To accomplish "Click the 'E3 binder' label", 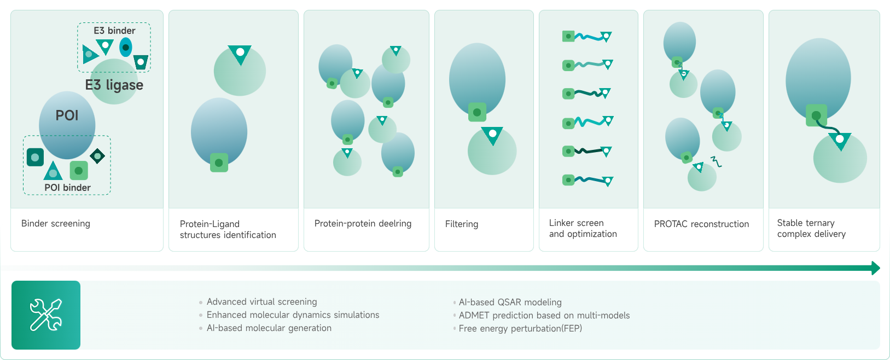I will (x=114, y=31).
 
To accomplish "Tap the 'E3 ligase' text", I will (x=114, y=85).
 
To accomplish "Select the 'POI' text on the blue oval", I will (x=67, y=115).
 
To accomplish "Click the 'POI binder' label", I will (x=67, y=188).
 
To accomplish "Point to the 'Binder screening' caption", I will (x=56, y=223).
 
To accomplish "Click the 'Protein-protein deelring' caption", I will (x=363, y=223).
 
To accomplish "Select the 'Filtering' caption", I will (x=462, y=224).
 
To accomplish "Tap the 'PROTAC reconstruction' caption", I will (x=701, y=224).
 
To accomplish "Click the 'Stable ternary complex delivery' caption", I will (x=811, y=228).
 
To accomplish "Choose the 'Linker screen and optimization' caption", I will (x=583, y=228).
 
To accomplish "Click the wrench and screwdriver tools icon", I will (x=46, y=315).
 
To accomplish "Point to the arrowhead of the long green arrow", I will (x=875, y=268).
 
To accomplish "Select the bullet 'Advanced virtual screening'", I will (x=261, y=301).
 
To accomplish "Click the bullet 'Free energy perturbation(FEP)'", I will (x=520, y=328).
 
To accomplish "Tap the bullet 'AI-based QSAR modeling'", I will (x=510, y=302).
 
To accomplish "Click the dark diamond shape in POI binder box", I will (x=97, y=156).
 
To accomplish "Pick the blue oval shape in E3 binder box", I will (x=126, y=48).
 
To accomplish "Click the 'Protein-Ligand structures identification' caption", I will (x=228, y=229).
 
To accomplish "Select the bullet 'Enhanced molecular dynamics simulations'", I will (x=293, y=315).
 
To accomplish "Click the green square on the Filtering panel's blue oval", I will (x=477, y=113).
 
